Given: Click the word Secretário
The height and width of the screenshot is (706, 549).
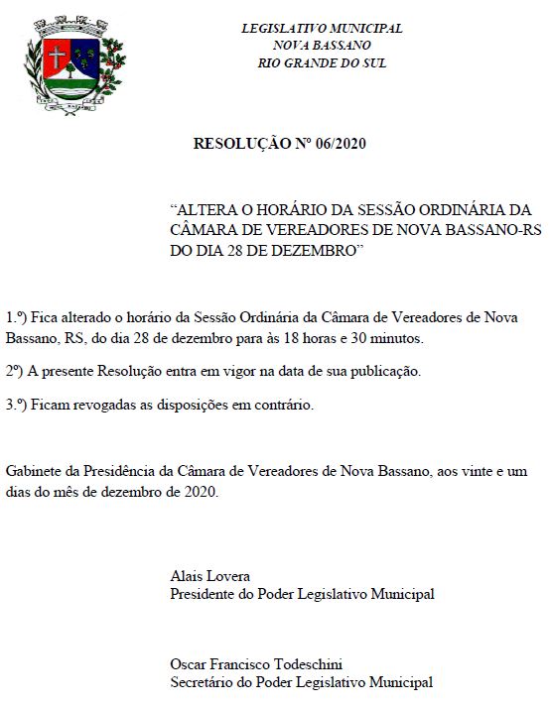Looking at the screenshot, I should (205, 682).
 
